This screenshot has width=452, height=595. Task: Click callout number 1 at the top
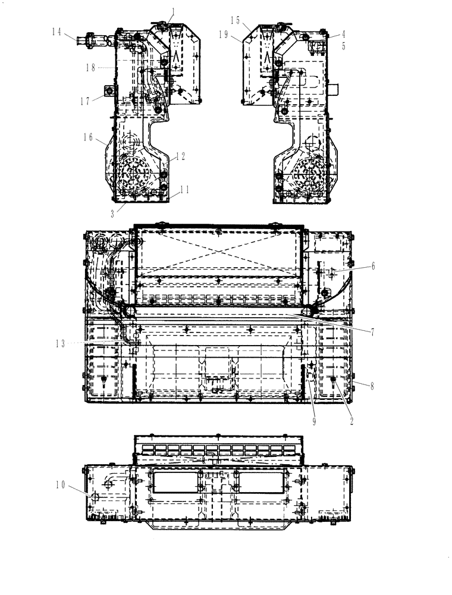173,11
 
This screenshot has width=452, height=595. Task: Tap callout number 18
90,68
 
